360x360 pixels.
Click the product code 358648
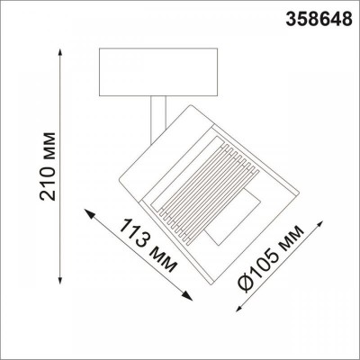319,15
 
